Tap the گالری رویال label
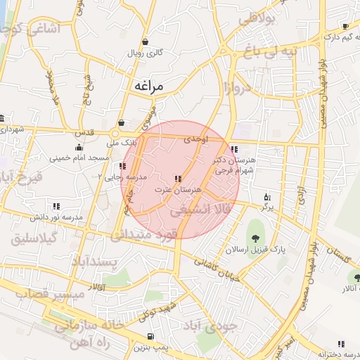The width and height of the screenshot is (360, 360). pyautogui.click(x=144, y=53)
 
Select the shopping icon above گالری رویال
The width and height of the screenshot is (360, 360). pyautogui.click(x=145, y=41)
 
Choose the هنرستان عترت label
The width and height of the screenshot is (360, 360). pyautogui.click(x=178, y=190)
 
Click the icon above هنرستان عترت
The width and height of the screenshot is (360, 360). pyautogui.click(x=178, y=179)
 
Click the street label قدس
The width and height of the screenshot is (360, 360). pyautogui.click(x=84, y=132)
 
